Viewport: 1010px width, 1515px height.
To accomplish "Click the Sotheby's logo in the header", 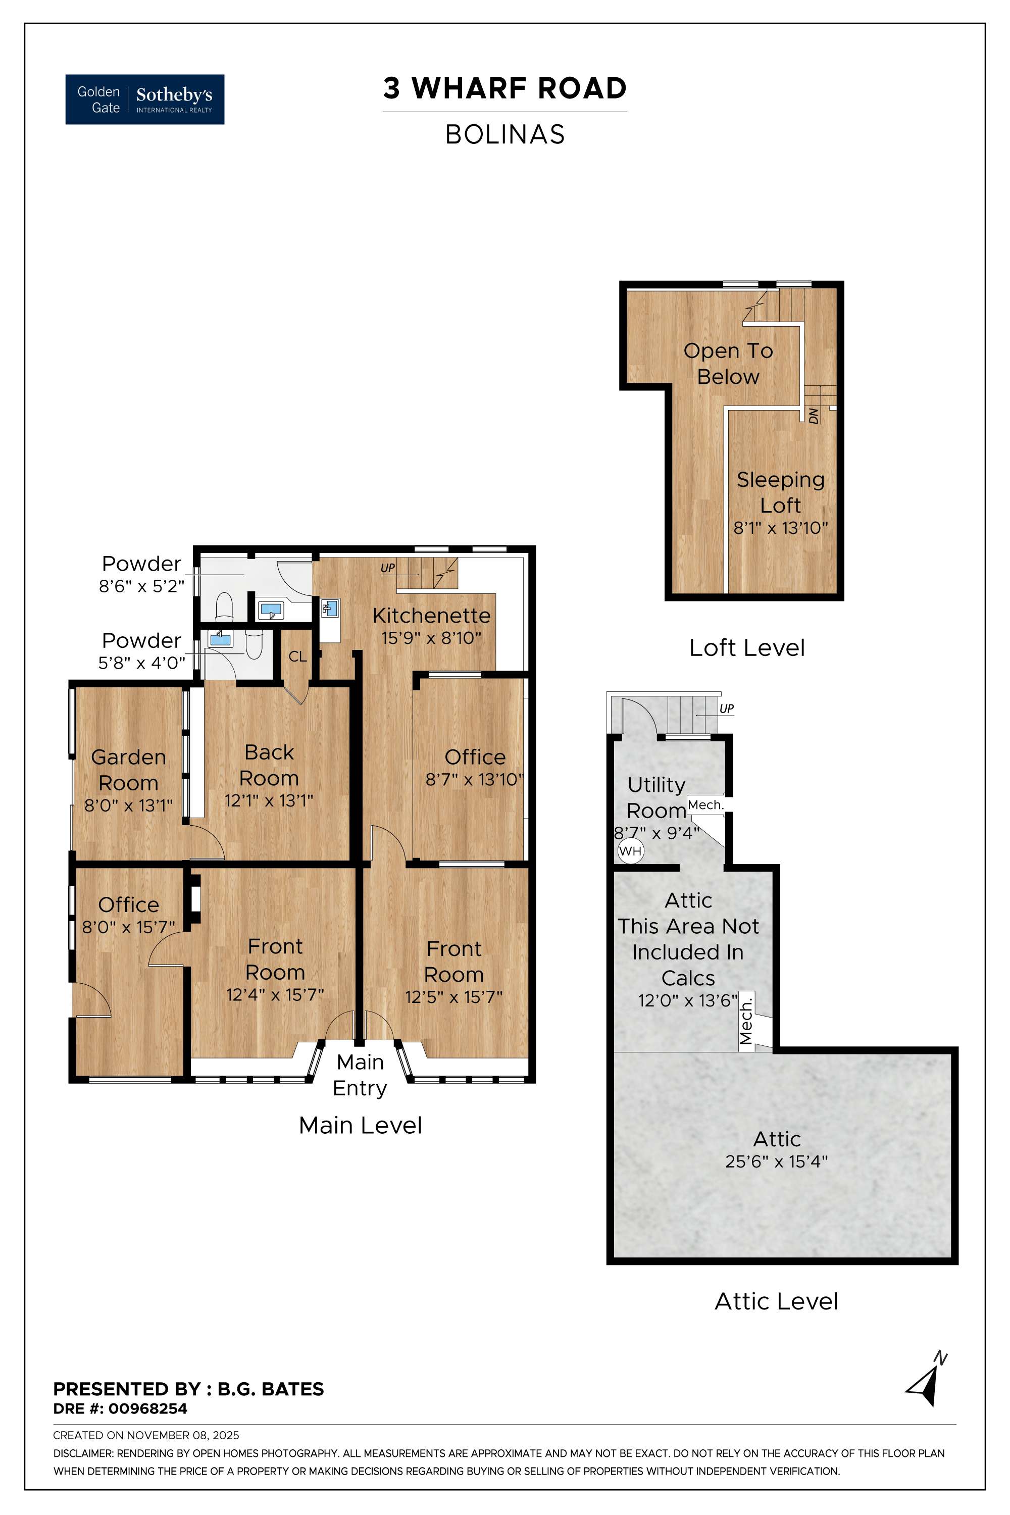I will coord(145,99).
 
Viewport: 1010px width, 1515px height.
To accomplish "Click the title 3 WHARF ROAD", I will coord(504,88).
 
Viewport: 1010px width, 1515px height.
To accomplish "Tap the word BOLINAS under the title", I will coord(504,135).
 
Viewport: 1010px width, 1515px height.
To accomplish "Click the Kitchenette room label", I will coord(431,616).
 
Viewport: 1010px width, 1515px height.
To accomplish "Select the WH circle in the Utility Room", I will coord(630,851).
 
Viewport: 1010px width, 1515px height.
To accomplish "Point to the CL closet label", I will coord(297,656).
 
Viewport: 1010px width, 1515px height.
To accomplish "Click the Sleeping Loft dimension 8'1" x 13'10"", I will coord(780,528).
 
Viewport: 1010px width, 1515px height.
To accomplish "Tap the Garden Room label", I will coord(128,770).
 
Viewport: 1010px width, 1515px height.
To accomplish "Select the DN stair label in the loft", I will coord(814,416).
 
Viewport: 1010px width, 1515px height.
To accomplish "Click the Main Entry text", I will coord(360,1075).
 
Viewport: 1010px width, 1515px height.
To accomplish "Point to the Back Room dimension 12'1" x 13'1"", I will coord(269,800).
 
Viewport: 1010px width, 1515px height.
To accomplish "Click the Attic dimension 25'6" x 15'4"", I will coord(776,1161).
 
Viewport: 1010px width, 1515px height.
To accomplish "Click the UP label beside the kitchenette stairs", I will coord(387,568).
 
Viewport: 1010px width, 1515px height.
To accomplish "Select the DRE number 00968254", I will coord(147,1409).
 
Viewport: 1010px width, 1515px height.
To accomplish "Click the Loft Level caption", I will coord(746,648).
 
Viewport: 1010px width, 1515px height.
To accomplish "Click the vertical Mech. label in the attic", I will coord(746,1022).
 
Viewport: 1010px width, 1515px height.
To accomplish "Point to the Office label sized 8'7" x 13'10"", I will coord(475,757).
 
